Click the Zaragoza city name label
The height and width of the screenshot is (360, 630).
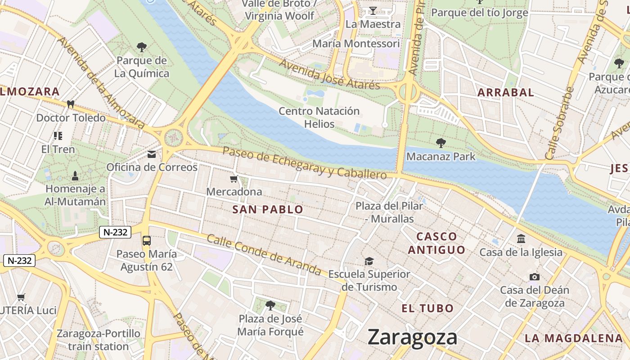[x=412, y=337]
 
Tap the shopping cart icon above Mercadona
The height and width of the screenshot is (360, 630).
[x=234, y=179]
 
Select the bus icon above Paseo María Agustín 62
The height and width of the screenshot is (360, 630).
[x=147, y=240]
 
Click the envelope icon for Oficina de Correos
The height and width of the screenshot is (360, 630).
[x=152, y=154]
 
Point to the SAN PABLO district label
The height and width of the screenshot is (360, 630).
[x=268, y=209]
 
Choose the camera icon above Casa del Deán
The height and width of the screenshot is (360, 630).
[x=535, y=277]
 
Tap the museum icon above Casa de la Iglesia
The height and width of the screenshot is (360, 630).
[x=521, y=238]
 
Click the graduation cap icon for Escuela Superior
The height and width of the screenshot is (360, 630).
[x=369, y=261]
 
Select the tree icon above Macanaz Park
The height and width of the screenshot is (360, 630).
[x=441, y=143]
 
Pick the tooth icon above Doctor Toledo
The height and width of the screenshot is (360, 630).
[x=70, y=104]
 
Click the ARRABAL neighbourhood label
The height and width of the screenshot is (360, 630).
[x=505, y=93]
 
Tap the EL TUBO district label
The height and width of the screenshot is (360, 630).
[x=427, y=309]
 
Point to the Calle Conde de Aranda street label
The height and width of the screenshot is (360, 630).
[x=264, y=255]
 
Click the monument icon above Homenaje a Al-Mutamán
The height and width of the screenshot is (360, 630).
[x=75, y=175]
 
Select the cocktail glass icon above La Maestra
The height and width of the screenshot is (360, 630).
[x=373, y=10]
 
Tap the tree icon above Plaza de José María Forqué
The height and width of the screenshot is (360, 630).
[x=270, y=306]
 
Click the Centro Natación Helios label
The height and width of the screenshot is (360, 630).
[x=319, y=117]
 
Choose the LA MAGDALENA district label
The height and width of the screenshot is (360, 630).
[x=574, y=338]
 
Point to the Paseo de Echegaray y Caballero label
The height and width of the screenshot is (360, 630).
[x=305, y=162]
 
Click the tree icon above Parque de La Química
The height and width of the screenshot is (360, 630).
[x=142, y=47]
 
